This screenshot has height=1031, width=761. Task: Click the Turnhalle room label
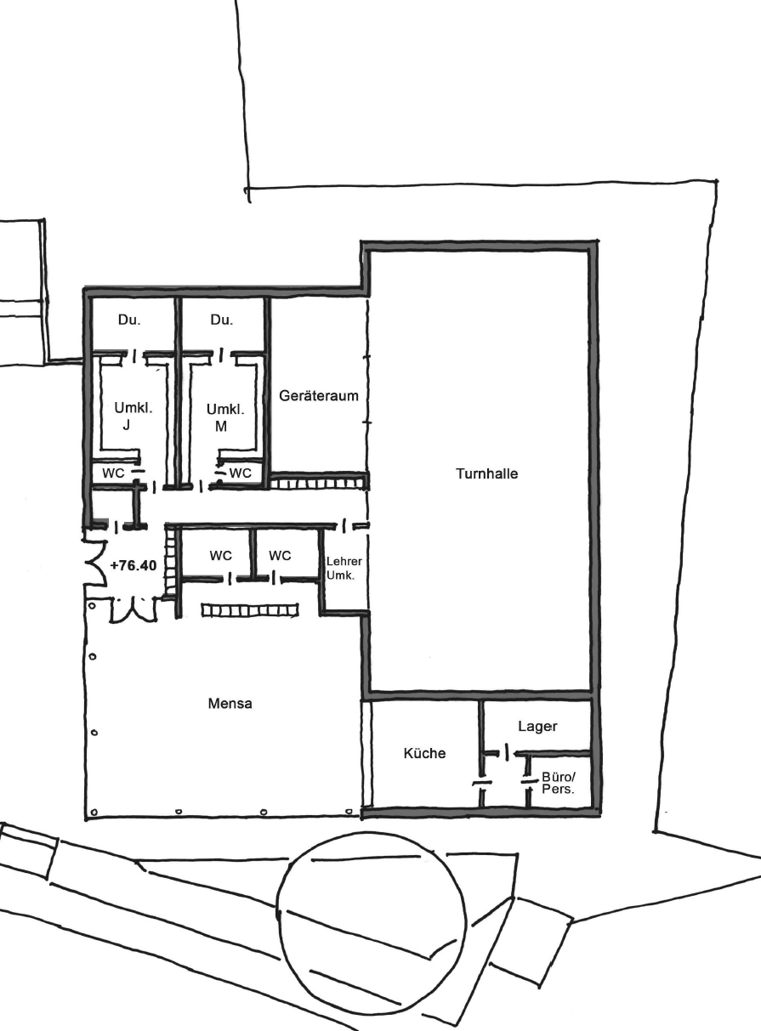pos(486,473)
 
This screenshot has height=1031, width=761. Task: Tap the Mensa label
pos(230,703)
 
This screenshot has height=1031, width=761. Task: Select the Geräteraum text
pos(319,395)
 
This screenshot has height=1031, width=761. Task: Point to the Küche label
pos(424,752)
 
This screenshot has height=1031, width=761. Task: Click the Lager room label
pos(537,726)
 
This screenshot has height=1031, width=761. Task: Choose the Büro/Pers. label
pos(559,783)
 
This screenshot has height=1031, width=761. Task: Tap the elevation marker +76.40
pos(133,566)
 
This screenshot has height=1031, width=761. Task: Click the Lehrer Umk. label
pos(344,568)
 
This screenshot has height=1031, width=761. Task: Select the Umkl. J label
pos(133,416)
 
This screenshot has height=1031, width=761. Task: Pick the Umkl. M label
pos(225,417)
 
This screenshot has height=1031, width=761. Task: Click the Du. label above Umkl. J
pos(129,320)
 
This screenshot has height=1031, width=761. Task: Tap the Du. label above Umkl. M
pos(221,320)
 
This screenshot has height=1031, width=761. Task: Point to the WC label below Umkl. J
pos(113,473)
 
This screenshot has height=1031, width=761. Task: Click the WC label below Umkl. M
pos(241,473)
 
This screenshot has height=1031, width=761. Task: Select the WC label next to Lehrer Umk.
pos(280,556)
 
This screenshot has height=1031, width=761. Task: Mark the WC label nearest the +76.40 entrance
pos(220,556)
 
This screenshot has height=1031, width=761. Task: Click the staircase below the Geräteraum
pos(318,484)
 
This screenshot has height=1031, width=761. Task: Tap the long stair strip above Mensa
pos(250,610)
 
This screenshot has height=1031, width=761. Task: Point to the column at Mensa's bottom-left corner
pos(94,812)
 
